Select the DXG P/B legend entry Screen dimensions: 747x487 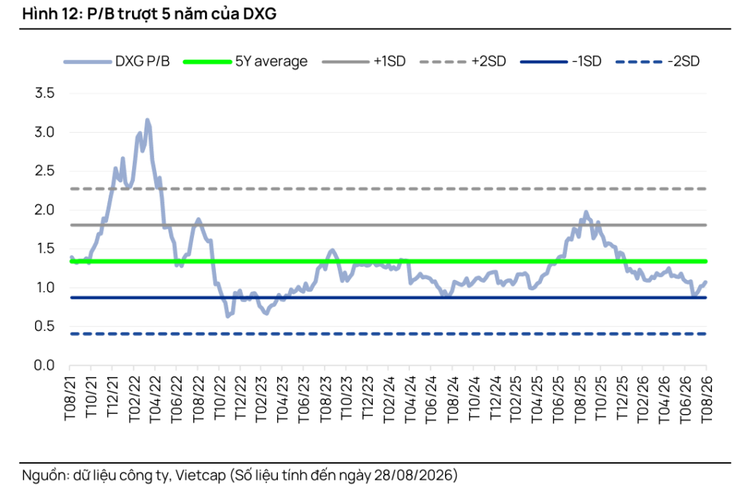click(x=117, y=61)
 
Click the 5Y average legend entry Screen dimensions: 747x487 click(x=245, y=61)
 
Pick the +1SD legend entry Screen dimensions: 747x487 click(x=364, y=61)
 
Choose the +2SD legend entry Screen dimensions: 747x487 click(x=462, y=61)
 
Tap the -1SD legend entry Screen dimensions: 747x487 click(x=561, y=61)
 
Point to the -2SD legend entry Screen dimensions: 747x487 click(x=658, y=61)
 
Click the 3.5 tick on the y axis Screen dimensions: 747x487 click(x=44, y=93)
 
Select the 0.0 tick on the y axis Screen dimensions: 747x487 click(x=44, y=365)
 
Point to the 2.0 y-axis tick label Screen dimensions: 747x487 click(x=44, y=209)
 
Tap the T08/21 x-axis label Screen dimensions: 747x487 click(x=70, y=398)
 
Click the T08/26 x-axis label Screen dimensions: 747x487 click(x=706, y=398)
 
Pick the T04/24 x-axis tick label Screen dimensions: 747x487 click(x=409, y=398)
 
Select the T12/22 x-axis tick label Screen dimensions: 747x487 click(x=240, y=398)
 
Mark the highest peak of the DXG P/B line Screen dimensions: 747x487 click(x=147, y=120)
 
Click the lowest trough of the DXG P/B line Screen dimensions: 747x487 click(x=228, y=316)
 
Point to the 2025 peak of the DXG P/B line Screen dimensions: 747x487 click(x=586, y=212)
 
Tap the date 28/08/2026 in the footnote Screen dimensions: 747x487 click(x=413, y=475)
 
